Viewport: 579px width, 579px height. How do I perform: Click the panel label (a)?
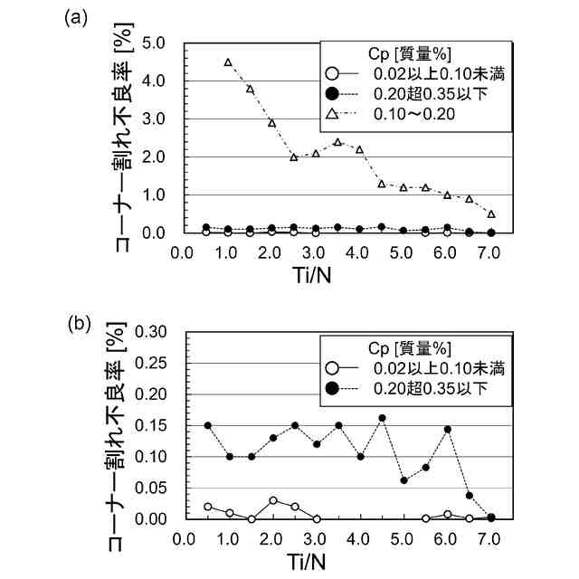point(76,18)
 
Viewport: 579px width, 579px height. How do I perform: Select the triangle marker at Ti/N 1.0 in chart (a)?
point(227,62)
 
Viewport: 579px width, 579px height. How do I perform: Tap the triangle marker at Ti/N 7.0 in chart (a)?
point(491,214)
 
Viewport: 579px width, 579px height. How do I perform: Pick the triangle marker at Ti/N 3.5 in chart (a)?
point(337,142)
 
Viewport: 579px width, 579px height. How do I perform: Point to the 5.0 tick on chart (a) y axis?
point(153,43)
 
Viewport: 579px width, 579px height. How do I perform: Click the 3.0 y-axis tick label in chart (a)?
point(153,119)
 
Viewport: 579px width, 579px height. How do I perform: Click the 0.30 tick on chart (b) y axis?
point(149,332)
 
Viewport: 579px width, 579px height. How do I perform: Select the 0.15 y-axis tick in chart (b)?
point(149,425)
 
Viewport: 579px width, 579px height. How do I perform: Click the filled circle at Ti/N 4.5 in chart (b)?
point(382,418)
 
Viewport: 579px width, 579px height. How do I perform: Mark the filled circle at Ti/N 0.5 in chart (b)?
point(207,425)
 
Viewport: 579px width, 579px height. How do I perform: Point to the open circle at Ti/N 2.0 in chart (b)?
point(273,500)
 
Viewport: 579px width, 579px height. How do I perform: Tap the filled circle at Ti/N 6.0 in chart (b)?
point(447,429)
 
